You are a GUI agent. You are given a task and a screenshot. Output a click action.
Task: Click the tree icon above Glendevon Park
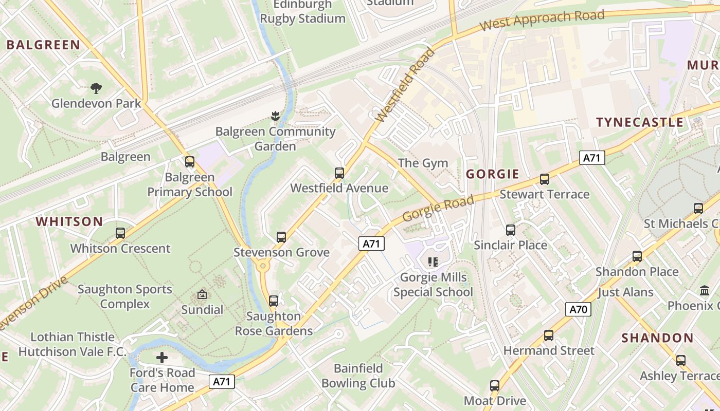[x=96, y=88]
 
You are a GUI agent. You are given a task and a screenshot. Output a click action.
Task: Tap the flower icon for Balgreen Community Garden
[x=275, y=116]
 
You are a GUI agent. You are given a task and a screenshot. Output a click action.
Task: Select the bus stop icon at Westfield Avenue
[x=339, y=173]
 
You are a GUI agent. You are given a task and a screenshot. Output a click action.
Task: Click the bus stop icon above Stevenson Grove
[x=281, y=237]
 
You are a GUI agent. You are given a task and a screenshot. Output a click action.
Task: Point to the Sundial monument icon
[x=202, y=295]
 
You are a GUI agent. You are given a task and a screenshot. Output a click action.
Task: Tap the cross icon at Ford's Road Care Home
[x=162, y=358]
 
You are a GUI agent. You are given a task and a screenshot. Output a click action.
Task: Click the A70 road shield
[x=578, y=309]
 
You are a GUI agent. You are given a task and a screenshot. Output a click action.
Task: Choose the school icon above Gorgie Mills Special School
[x=433, y=262]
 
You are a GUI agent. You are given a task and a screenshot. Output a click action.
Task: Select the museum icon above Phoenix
[x=705, y=291]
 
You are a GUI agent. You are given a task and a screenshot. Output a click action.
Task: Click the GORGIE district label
[x=493, y=174]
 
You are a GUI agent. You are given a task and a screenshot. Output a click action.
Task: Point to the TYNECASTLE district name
[x=640, y=122]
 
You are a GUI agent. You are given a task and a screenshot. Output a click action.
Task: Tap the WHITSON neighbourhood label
[x=69, y=222]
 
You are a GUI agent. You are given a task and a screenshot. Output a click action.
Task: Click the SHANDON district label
[x=657, y=338]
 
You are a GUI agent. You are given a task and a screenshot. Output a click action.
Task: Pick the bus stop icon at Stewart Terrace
[x=545, y=179]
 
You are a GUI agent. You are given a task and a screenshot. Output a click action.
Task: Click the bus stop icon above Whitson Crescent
[x=120, y=233]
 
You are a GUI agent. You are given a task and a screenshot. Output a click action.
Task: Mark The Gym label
[x=423, y=163]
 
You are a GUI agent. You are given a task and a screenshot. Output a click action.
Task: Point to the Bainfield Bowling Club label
[x=358, y=376]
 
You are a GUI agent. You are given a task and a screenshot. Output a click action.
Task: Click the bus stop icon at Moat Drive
[x=495, y=386]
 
